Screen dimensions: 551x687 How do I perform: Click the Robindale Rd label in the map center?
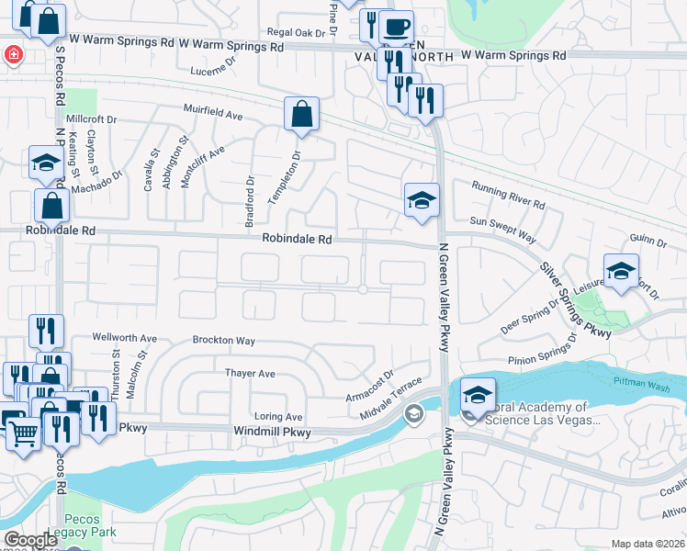pos(296,238)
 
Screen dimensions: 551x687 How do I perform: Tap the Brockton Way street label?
pos(223,340)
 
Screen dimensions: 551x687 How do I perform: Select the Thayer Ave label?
pos(250,374)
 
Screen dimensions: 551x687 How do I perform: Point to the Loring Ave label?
pos(279,416)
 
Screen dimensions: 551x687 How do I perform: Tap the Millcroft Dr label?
pos(92,119)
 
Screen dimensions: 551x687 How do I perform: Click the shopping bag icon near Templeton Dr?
pos(301,116)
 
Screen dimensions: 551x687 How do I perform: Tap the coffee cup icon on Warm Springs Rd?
pos(396,27)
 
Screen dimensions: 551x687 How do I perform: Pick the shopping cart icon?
pos(23,432)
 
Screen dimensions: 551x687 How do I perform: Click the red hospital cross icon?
pos(13,55)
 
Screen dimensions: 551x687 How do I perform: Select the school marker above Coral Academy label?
pos(478,396)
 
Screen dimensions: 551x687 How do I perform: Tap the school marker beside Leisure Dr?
pos(621,271)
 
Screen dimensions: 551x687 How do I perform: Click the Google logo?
pos(30,540)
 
